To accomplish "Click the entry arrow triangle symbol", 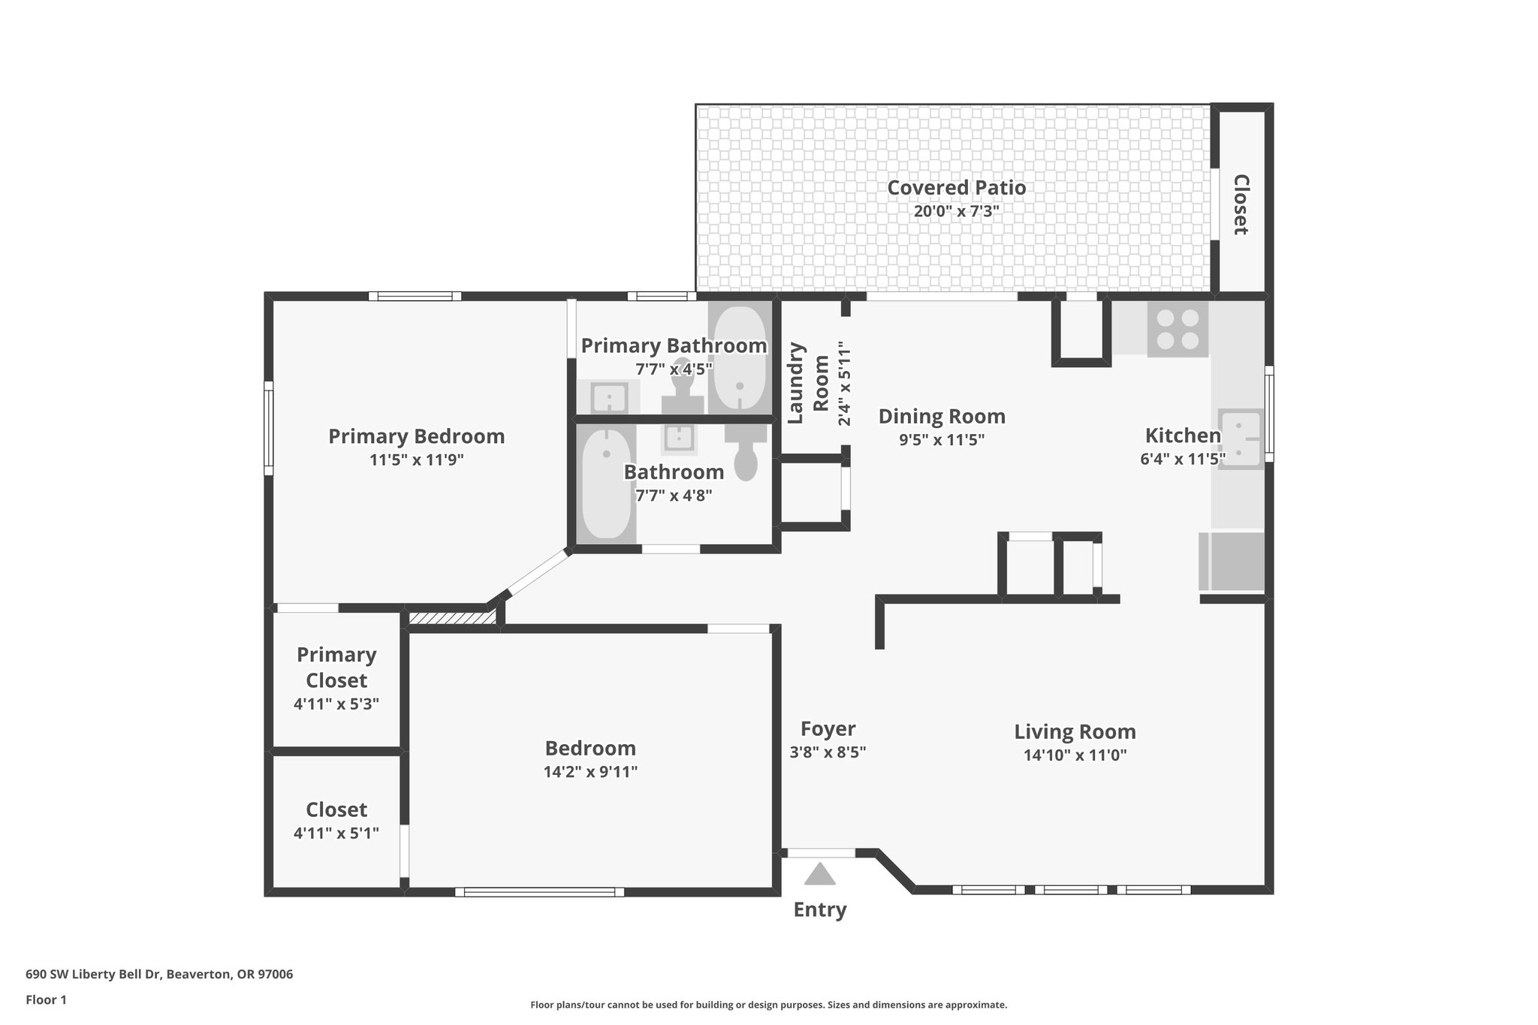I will [819, 874].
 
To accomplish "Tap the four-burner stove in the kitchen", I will [1177, 330].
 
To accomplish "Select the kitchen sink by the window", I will [1239, 439].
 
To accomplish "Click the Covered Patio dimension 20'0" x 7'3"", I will [956, 211].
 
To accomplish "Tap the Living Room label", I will [1075, 731].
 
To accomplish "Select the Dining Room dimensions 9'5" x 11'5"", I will [942, 440].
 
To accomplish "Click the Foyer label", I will [828, 728].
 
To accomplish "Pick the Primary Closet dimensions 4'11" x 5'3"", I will [336, 704].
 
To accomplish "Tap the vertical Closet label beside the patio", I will [1241, 204].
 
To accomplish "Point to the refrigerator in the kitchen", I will [1232, 562].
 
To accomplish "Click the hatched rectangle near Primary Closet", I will [451, 617].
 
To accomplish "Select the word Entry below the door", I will [819, 909].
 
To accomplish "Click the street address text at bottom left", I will [159, 975].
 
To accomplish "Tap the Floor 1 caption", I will [46, 999].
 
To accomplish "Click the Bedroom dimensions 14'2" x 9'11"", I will [590, 772].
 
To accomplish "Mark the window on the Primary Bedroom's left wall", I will [268, 428].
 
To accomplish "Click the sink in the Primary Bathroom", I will [608, 396].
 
